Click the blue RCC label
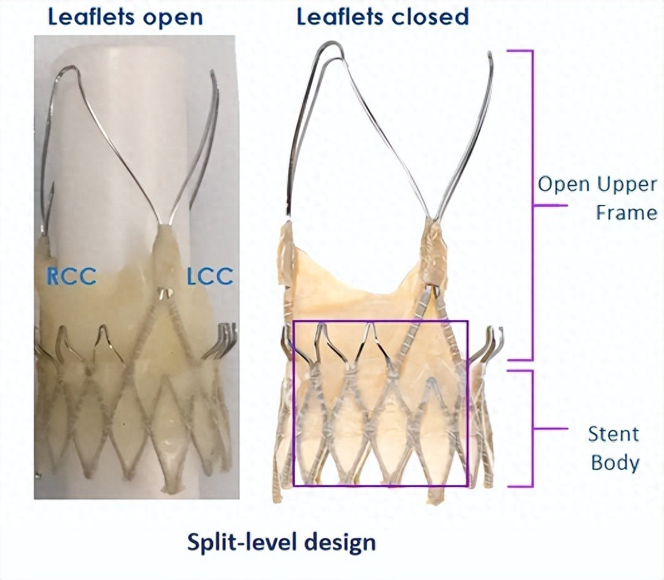(x=71, y=276)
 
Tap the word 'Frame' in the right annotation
(x=625, y=212)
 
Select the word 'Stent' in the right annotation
(x=613, y=434)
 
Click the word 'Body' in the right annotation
(x=615, y=463)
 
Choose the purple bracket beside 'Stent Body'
(x=531, y=429)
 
